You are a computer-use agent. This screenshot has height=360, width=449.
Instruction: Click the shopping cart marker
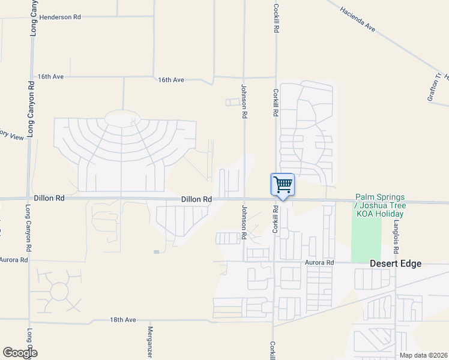(x=283, y=184)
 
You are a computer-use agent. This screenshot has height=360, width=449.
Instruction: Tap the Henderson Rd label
(x=61, y=17)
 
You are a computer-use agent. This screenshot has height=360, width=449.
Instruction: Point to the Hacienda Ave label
(x=357, y=19)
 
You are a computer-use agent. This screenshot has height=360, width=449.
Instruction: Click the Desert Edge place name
(x=395, y=263)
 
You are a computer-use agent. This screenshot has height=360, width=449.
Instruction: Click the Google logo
(x=20, y=353)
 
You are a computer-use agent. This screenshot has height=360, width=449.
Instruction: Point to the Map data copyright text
(x=424, y=355)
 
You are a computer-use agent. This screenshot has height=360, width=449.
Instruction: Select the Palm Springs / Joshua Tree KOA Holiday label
(x=380, y=205)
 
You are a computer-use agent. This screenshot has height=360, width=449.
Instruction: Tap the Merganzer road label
(x=151, y=343)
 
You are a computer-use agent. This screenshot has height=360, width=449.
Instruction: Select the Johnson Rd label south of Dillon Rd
(x=244, y=222)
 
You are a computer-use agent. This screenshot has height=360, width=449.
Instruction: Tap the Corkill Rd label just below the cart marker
(x=276, y=220)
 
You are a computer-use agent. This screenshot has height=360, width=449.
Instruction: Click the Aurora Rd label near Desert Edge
(x=319, y=263)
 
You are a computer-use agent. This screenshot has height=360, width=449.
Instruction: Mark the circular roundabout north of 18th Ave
(x=59, y=292)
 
